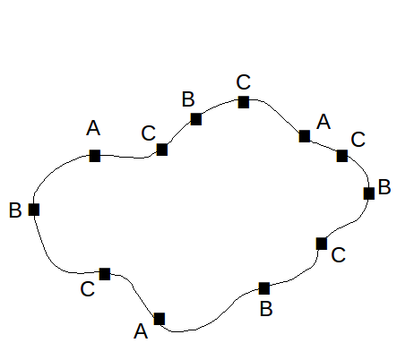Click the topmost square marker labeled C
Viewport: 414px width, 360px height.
(x=244, y=102)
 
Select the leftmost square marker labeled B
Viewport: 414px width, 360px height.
(x=34, y=210)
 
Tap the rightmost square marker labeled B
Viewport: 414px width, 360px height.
(x=369, y=193)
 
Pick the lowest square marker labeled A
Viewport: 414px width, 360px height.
(x=160, y=319)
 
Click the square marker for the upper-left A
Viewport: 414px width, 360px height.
(x=95, y=156)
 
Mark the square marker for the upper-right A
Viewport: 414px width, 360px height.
(x=305, y=136)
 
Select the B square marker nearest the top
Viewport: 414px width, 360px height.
(x=196, y=119)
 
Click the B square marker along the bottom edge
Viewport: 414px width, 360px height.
(x=264, y=288)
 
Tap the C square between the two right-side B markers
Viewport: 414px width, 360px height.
(x=322, y=244)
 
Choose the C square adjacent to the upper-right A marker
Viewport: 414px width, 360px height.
(x=342, y=156)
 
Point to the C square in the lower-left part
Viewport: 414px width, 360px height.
(x=105, y=274)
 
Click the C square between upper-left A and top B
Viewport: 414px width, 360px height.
(x=162, y=150)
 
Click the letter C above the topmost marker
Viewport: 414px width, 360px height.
(x=243, y=82)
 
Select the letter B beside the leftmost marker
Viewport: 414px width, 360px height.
(x=15, y=210)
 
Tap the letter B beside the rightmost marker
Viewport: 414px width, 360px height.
(x=384, y=187)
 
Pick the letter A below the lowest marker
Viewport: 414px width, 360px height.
(x=141, y=331)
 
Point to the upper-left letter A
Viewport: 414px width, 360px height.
(x=93, y=128)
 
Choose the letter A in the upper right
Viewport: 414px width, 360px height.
(x=323, y=122)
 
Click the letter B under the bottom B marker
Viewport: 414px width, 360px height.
(x=266, y=309)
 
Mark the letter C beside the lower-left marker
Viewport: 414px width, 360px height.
(x=88, y=289)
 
